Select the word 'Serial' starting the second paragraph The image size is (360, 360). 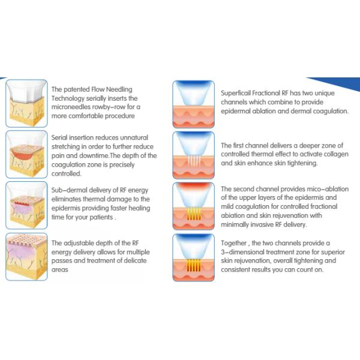(x=59, y=137)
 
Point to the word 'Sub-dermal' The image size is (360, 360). (x=69, y=190)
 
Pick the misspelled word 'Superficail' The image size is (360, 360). (x=236, y=93)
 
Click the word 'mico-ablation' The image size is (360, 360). (x=329, y=189)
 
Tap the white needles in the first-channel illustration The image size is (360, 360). (x=194, y=160)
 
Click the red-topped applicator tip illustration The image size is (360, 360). (x=194, y=206)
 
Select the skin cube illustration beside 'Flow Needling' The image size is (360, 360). (x=26, y=103)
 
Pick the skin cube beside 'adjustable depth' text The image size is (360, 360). (x=26, y=257)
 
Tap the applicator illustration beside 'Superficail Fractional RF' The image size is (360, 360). (x=194, y=104)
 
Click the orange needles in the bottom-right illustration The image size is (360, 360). (x=194, y=265)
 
